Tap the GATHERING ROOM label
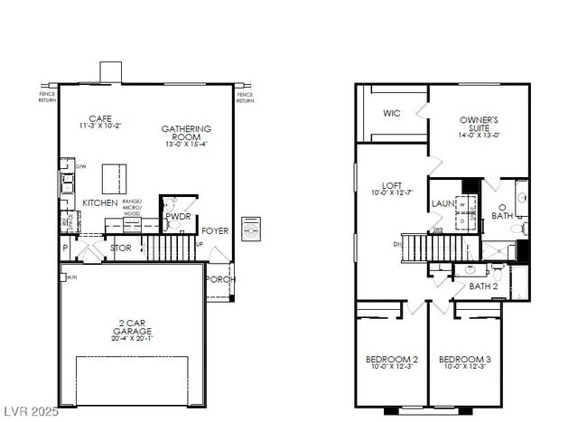click(186, 133)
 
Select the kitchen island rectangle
click(113, 177)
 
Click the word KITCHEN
click(99, 203)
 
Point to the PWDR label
click(178, 217)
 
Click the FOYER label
click(215, 231)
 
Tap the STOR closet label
click(120, 247)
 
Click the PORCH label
click(219, 279)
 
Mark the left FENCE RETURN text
click(48, 97)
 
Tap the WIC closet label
click(391, 113)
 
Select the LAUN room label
click(443, 204)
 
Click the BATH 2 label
click(484, 286)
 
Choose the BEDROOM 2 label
click(391, 359)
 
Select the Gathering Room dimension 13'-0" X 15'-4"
click(186, 144)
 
